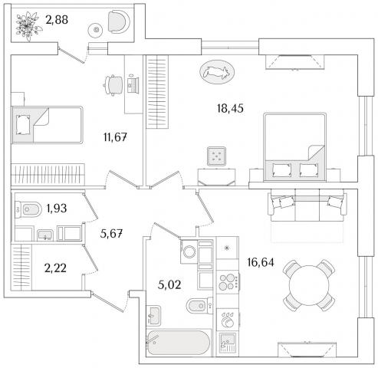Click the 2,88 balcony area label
[57, 20]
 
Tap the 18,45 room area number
[230, 108]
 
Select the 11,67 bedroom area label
[115, 137]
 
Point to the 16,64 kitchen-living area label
[261, 262]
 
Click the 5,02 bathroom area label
[169, 284]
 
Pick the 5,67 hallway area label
[111, 233]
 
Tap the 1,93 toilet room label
[57, 209]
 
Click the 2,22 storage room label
[55, 268]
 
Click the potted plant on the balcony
[28, 25]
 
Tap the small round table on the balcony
[96, 30]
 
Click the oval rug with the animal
[217, 72]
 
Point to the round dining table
[309, 285]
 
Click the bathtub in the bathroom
[179, 343]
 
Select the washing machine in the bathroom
[189, 251]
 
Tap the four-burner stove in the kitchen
[228, 281]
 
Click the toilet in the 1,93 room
[28, 209]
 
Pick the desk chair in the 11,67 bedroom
[113, 85]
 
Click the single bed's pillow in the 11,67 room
[23, 125]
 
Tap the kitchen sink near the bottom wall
[227, 343]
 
